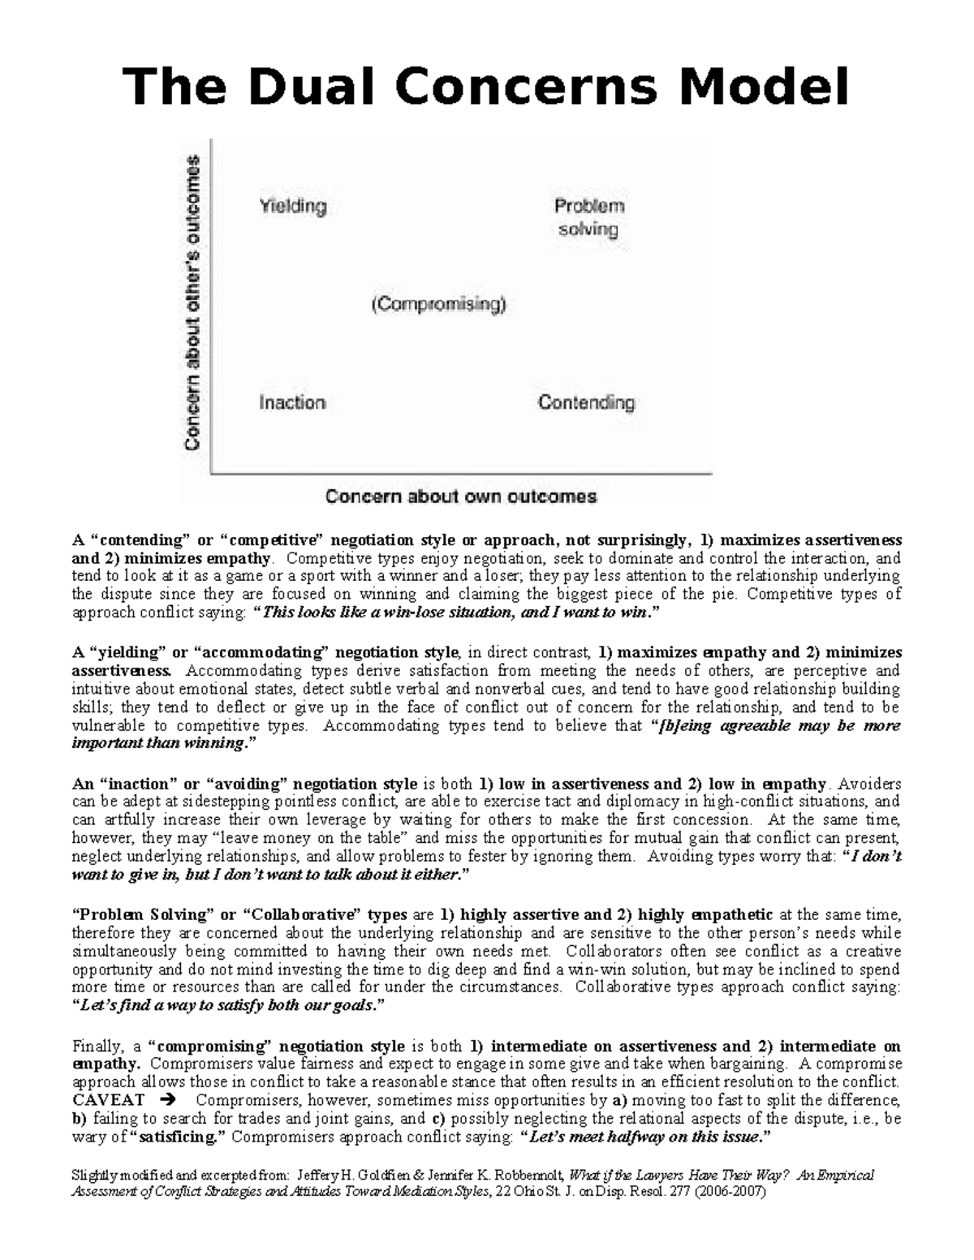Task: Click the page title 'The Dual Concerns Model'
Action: (485, 87)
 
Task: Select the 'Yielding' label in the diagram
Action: (292, 206)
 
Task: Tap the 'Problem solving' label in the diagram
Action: (588, 217)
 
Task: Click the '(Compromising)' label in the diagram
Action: (438, 305)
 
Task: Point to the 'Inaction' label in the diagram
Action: (292, 402)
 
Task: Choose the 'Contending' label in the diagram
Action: (586, 402)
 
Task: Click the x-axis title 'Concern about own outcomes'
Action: (461, 497)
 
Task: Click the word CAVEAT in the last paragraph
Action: (108, 1100)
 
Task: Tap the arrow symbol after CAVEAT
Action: (168, 1100)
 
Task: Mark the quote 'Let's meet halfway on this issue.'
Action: (645, 1137)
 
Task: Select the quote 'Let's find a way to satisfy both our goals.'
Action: (228, 1005)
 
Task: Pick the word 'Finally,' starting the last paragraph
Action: (96, 1046)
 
